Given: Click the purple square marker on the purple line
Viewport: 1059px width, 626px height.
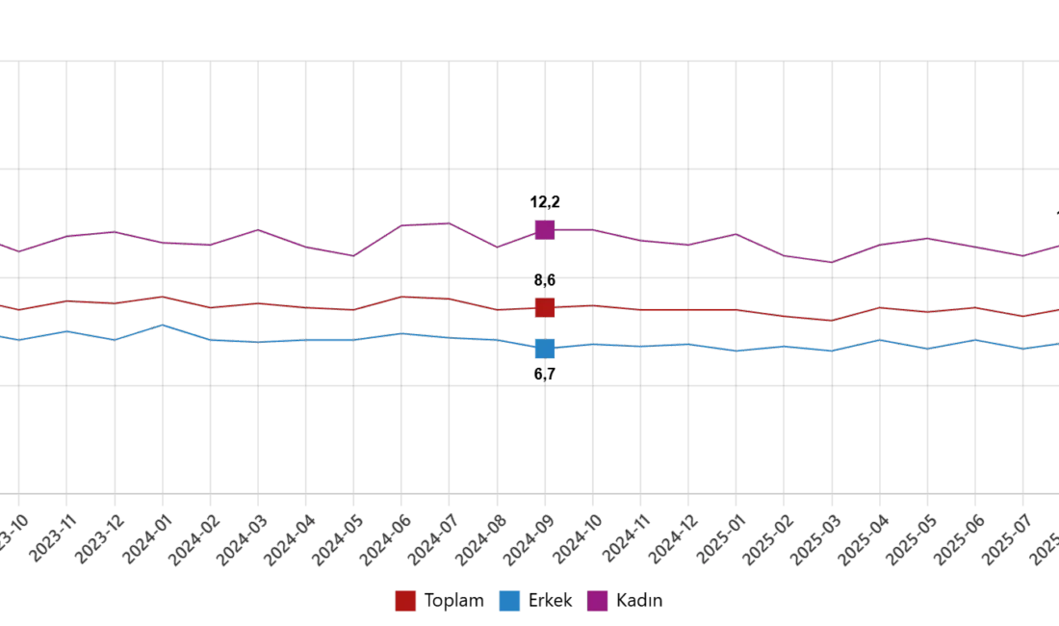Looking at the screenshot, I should (544, 229).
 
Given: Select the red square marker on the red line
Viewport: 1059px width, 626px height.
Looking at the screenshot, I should (544, 308).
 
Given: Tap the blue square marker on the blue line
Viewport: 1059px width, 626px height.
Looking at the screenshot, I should (544, 349).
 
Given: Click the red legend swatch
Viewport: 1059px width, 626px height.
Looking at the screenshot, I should (407, 601).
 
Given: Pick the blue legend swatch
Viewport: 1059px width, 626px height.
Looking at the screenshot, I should (509, 601).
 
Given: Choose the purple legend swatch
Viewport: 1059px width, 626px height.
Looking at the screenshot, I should (598, 601).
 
